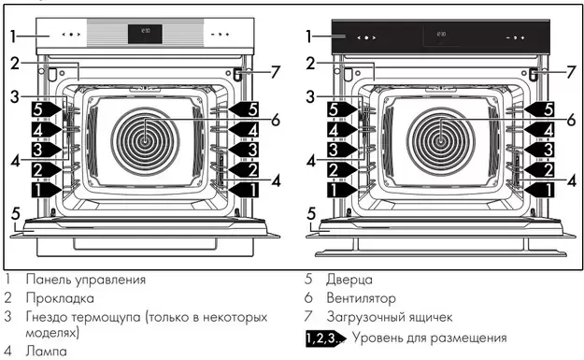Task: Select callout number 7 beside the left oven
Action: click(276, 71)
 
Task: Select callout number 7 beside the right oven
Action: click(570, 71)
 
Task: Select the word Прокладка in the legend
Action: click(60, 298)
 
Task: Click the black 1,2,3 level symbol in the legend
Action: click(322, 338)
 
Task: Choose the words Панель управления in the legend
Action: click(85, 279)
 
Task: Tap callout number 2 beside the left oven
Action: click(14, 64)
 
